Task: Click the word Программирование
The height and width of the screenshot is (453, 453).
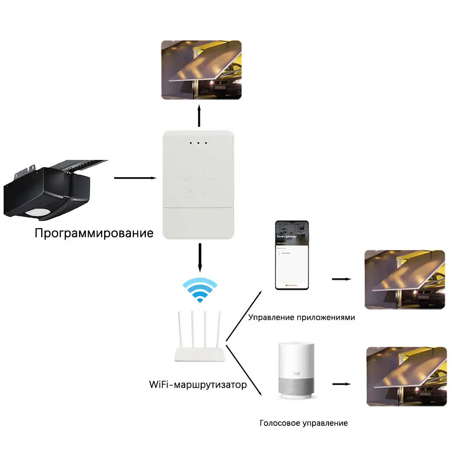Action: (x=94, y=234)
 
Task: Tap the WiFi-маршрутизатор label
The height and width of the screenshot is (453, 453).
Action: (x=198, y=385)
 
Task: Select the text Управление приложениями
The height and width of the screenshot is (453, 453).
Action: (x=301, y=317)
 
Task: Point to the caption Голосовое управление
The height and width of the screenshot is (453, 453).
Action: (x=304, y=423)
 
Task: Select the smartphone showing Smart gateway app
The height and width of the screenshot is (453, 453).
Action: (x=292, y=255)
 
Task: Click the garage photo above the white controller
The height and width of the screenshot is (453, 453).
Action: (x=202, y=70)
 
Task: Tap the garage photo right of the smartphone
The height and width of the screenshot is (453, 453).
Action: (x=405, y=280)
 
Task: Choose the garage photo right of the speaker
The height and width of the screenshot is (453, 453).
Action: (x=405, y=376)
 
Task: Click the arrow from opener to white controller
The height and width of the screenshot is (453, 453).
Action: (x=135, y=178)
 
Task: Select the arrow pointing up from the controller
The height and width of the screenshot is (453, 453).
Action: (x=199, y=116)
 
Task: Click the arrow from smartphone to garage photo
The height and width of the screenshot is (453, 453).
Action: (x=342, y=279)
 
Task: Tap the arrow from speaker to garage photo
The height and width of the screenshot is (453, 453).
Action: (x=342, y=384)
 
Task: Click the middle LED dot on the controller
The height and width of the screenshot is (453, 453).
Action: (x=198, y=143)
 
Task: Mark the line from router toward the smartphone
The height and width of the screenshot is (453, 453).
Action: (x=243, y=316)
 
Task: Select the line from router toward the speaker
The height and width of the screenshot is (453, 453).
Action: (x=244, y=369)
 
